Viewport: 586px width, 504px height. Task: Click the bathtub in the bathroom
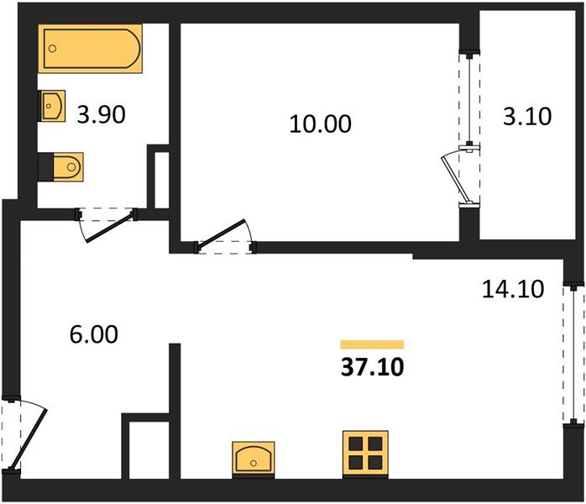[90, 49]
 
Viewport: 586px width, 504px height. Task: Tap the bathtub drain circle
[53, 49]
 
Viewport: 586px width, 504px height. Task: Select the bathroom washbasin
[52, 106]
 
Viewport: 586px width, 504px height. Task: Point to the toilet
[60, 167]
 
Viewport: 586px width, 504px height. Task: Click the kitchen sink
[254, 459]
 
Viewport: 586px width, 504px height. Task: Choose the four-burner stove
[365, 454]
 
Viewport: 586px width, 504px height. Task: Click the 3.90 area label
[101, 115]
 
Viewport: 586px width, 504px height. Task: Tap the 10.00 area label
[320, 124]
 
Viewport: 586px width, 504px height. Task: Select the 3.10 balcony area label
[527, 116]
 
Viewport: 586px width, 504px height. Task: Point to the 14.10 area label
[513, 289]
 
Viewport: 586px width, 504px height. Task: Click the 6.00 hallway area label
[94, 334]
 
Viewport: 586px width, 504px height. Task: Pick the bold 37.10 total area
[373, 367]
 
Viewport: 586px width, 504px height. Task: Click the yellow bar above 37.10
[372, 344]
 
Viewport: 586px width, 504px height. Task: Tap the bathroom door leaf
[109, 227]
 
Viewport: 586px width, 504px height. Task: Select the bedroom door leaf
[222, 233]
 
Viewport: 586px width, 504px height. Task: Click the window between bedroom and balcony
[469, 99]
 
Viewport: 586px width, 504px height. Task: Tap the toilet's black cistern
[45, 167]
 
